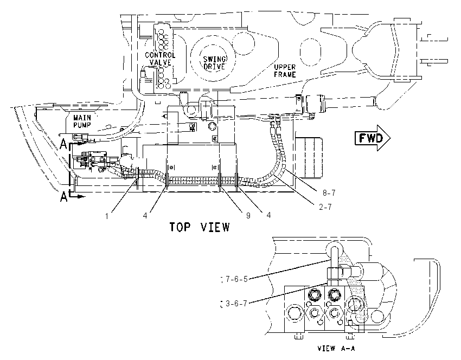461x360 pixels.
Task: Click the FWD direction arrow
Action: pyautogui.click(x=373, y=138)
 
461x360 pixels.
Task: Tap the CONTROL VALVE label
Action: pyautogui.click(x=160, y=59)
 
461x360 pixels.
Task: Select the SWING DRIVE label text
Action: pyautogui.click(x=214, y=63)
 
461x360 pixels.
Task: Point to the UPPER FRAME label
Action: pyautogui.click(x=285, y=71)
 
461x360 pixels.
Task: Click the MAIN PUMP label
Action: pyautogui.click(x=82, y=121)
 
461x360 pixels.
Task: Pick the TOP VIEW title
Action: pyautogui.click(x=200, y=227)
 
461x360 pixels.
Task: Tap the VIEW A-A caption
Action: pyautogui.click(x=336, y=349)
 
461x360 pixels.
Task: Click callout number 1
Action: pyautogui.click(x=107, y=216)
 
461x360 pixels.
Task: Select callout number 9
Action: pyautogui.click(x=248, y=216)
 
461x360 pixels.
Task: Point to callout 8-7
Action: pyautogui.click(x=329, y=193)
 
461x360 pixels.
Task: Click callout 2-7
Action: pyautogui.click(x=325, y=207)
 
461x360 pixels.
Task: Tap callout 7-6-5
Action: pyautogui.click(x=236, y=279)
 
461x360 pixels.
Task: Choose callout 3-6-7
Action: pyautogui.click(x=236, y=303)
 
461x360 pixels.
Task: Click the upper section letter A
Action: pyautogui.click(x=63, y=144)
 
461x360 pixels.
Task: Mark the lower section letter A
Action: pyautogui.click(x=63, y=197)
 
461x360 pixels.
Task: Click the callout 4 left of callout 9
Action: pyautogui.click(x=145, y=216)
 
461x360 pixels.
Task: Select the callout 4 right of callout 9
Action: pyautogui.click(x=268, y=215)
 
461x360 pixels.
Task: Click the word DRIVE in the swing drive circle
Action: pyautogui.click(x=214, y=67)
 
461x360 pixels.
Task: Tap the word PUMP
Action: pyautogui.click(x=82, y=125)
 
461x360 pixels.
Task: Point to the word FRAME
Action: pyautogui.click(x=285, y=75)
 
